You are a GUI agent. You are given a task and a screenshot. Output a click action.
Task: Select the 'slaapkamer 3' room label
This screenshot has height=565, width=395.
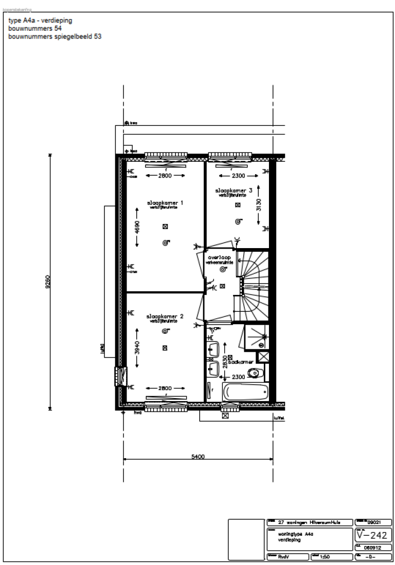pyautogui.click(x=234, y=191)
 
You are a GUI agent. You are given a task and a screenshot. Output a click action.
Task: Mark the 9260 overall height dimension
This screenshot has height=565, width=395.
pyautogui.click(x=48, y=282)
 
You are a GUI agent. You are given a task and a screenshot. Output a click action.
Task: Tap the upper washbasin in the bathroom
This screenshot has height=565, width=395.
pyautogui.click(x=213, y=350)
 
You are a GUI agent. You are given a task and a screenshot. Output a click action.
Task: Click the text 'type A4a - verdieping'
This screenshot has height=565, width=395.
pyautogui.click(x=40, y=21)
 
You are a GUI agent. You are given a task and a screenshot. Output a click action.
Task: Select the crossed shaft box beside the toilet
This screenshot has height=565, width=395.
pyautogui.click(x=263, y=357)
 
